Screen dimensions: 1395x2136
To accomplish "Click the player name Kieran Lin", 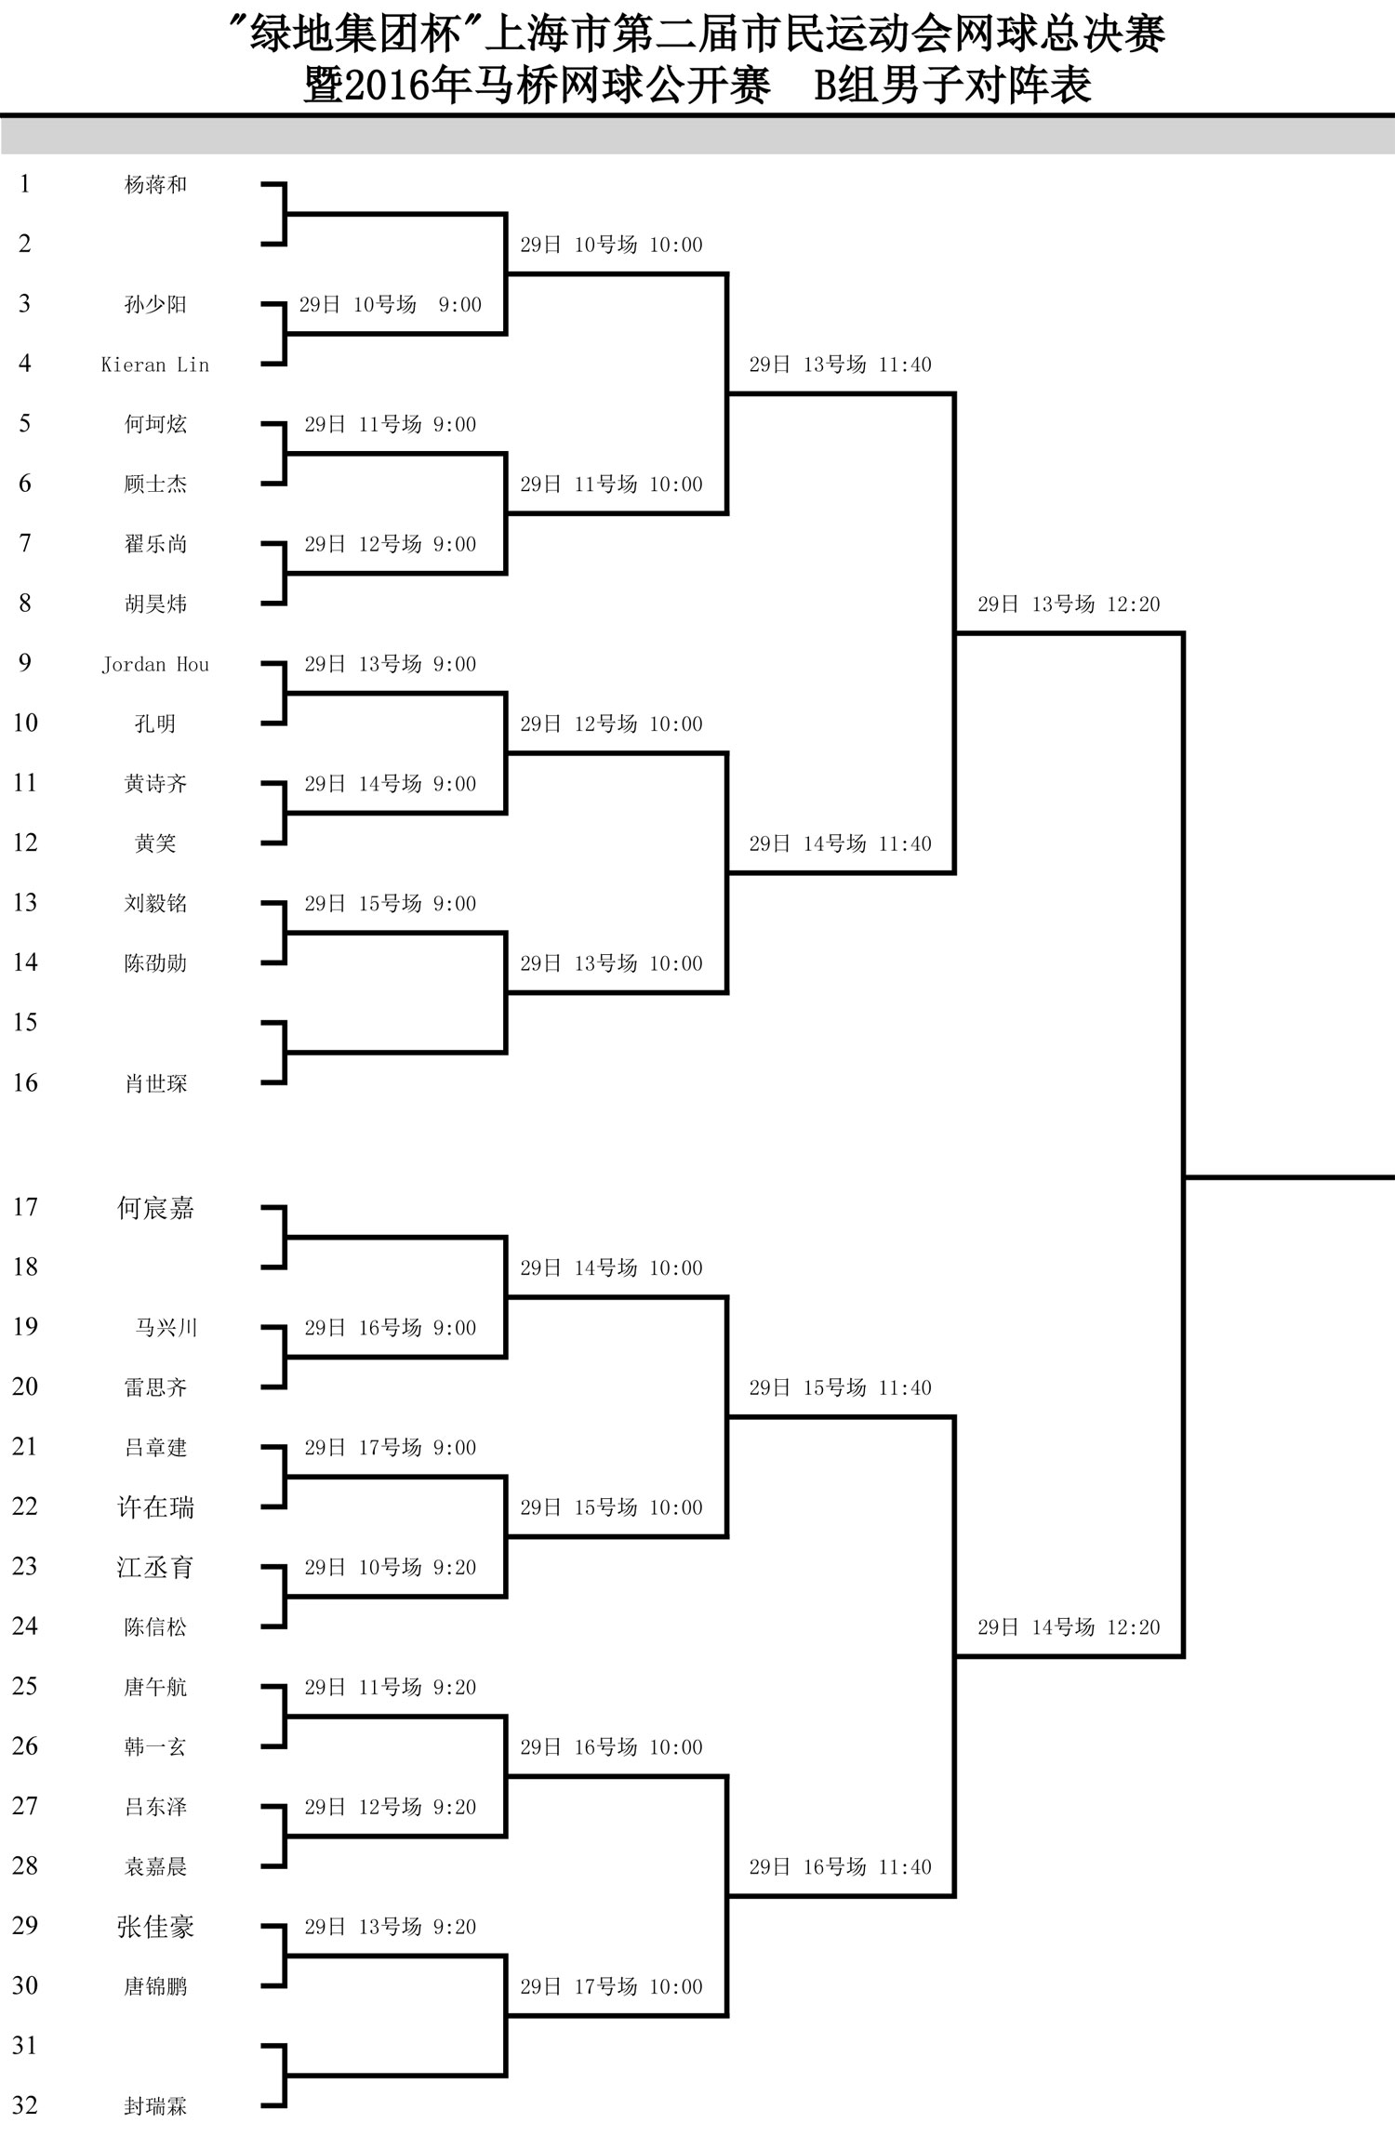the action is pos(155,365).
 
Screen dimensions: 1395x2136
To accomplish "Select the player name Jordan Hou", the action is pos(155,664).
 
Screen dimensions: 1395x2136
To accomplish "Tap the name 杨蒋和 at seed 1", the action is pos(155,184).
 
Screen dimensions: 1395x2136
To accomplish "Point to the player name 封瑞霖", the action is pos(155,2106).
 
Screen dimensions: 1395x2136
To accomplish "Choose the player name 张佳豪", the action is pos(155,1926).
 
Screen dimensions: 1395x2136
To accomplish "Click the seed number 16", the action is pos(25,1082).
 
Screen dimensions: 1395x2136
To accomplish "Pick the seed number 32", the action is pos(25,2105).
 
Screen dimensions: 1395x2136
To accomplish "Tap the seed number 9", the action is pos(25,663).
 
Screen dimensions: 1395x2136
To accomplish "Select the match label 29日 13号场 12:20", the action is pos(1069,604).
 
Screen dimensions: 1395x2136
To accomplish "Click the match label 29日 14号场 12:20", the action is pos(1069,1627).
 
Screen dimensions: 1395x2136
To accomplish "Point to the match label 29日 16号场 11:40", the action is pos(840,1867).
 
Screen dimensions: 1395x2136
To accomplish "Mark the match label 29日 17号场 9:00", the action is pos(390,1448).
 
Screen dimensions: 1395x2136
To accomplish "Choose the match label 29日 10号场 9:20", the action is pos(390,1568).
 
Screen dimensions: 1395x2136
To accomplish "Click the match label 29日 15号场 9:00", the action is pos(390,904).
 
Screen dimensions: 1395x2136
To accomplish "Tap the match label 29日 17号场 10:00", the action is pos(611,1987).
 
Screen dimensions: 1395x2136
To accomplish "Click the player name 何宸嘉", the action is pos(155,1208).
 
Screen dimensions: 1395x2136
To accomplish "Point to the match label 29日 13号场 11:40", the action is pos(840,365).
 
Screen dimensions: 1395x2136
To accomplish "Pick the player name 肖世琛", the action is pos(155,1083).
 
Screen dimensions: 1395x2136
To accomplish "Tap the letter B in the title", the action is pos(826,86).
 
